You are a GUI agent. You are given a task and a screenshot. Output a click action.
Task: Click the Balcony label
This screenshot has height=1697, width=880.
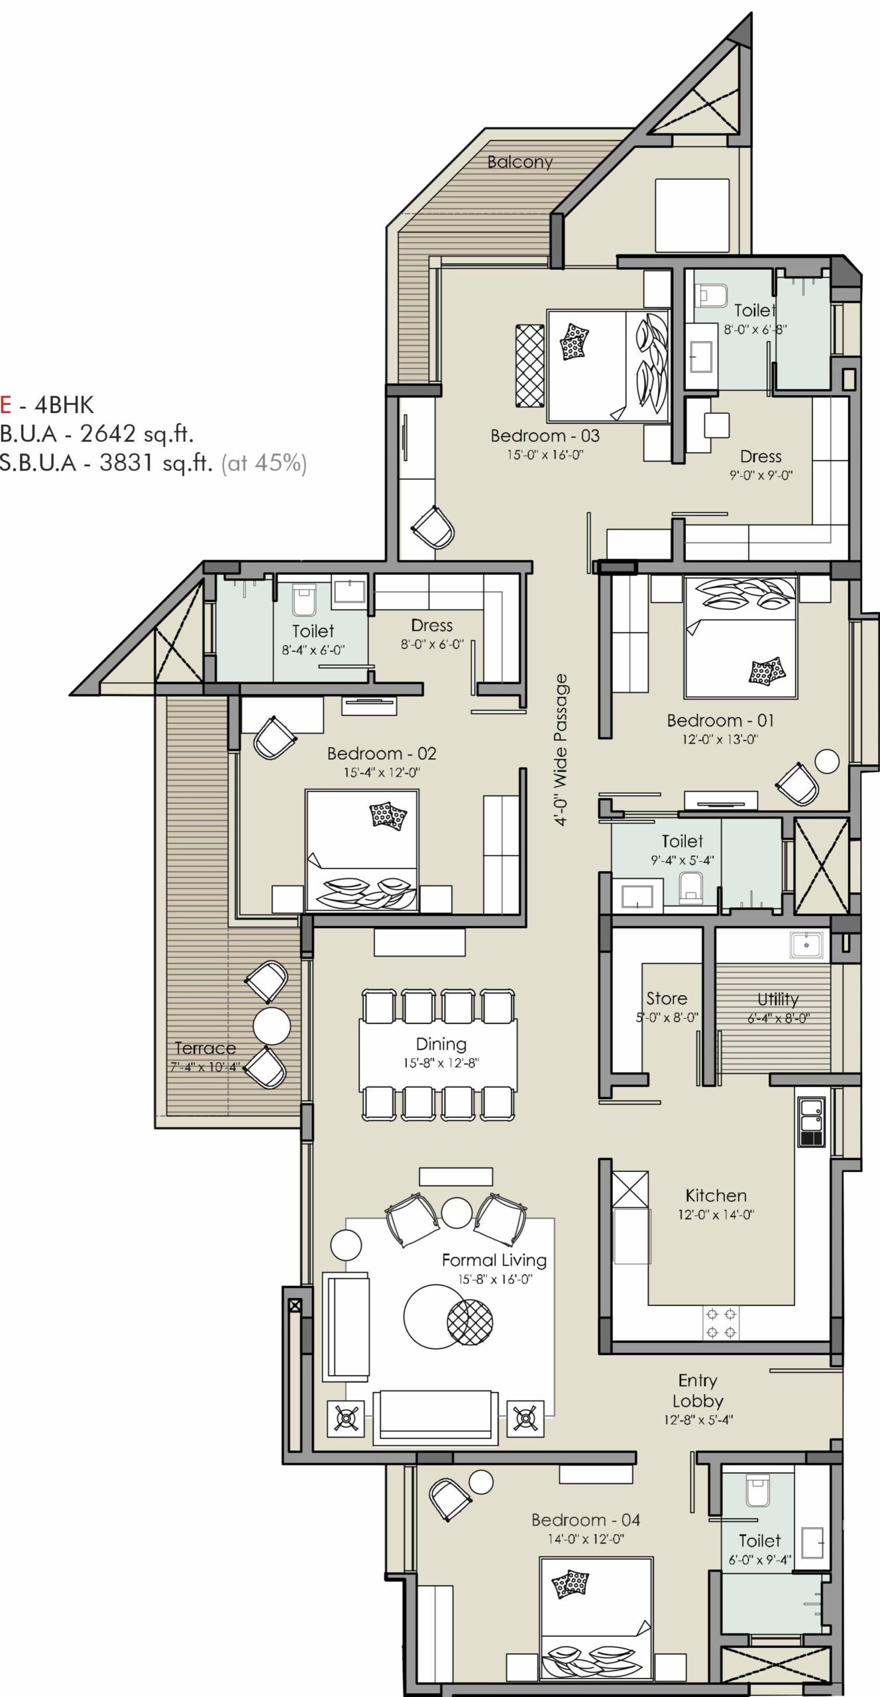coord(520,162)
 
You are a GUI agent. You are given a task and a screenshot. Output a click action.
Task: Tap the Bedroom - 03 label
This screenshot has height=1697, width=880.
coord(545,436)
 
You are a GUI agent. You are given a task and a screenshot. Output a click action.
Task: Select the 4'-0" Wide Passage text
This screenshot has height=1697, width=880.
coord(561,749)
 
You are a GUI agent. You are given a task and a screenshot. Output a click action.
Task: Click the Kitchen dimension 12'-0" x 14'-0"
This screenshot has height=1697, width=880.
coord(716,1214)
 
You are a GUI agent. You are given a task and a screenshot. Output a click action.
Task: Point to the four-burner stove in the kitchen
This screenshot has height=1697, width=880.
coord(720,1322)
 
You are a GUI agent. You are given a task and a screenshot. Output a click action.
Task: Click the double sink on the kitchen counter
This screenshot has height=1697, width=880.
coord(810,1122)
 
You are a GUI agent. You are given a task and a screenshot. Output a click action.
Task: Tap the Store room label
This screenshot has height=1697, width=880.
coord(667,998)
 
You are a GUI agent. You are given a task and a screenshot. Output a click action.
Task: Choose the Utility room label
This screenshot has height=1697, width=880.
coord(778,999)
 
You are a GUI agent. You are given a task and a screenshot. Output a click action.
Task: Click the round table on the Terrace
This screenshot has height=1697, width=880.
coord(272,1025)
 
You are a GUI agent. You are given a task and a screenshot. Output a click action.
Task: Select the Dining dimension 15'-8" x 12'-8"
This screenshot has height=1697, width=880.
coord(441,1063)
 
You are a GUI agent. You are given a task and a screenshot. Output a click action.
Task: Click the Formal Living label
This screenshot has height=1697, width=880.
coord(494,1260)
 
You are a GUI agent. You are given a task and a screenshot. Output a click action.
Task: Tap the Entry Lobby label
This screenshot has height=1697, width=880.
coord(697,1391)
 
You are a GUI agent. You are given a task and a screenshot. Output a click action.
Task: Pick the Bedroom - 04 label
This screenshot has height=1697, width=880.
coord(586,1520)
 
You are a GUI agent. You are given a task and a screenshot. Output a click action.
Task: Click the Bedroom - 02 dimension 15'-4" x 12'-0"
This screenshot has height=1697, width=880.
coord(381,772)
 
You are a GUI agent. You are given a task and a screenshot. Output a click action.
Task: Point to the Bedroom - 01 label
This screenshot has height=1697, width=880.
coord(720,721)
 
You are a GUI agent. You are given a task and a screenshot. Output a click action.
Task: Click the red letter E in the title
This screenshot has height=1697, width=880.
coord(5,404)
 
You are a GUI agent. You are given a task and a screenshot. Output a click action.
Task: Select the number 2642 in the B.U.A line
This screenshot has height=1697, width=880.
coord(108,434)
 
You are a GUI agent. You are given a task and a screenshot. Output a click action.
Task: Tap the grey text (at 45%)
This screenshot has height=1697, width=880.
coord(264,463)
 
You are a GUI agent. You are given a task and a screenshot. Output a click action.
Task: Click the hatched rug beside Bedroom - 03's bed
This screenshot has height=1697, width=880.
coord(529,366)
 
